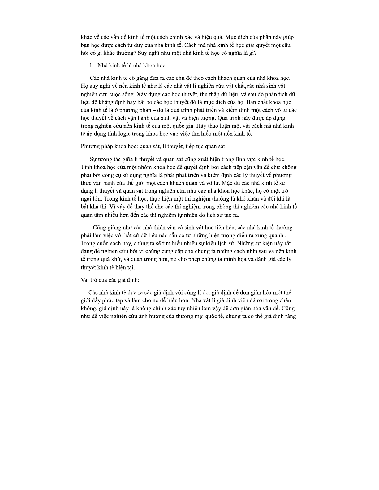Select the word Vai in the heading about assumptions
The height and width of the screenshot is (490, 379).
coord(85,280)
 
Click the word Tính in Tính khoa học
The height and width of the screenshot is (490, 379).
coord(86,167)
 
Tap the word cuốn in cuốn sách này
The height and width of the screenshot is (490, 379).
coord(107,243)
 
